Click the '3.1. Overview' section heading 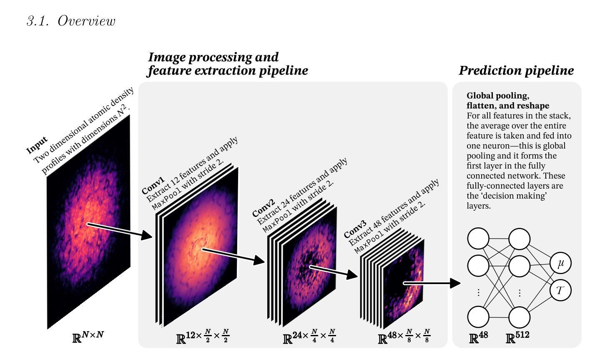coord(71,21)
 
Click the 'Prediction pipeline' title coord(516,71)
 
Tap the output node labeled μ coord(560,263)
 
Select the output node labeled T coord(560,290)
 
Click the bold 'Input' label coord(37,146)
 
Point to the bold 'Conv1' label coord(153,185)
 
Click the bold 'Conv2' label coord(264,208)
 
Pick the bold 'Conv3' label coord(355,229)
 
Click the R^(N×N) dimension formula coord(88,337)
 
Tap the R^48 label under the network coord(479,337)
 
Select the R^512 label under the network coord(517,337)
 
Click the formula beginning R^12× coord(203,337)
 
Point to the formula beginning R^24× coord(309,337)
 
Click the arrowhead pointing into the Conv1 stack coord(147,235)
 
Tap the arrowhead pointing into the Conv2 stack coord(259,260)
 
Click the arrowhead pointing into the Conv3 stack coord(352,274)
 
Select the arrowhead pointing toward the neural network coord(455,283)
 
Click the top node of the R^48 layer coord(478,238)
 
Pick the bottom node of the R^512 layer coord(519,317)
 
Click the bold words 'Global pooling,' coord(498,96)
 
